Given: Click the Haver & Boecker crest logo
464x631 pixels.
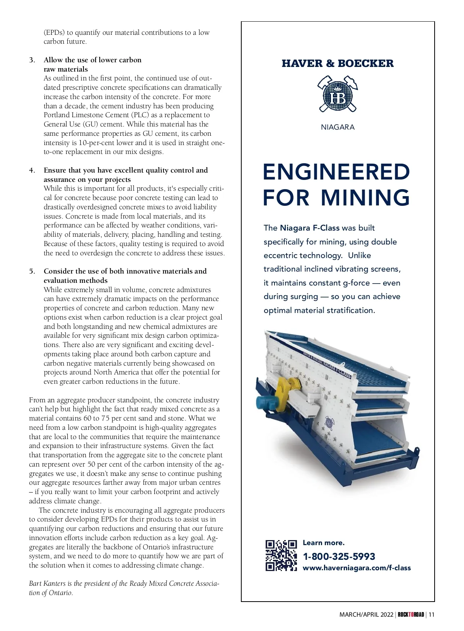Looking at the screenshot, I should [338, 94].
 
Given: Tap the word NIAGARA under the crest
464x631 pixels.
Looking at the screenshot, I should [338, 127].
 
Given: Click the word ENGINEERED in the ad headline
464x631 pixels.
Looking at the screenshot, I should [336, 172].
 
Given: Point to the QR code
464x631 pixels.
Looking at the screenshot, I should [281, 556].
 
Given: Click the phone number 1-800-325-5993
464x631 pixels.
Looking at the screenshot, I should [339, 556].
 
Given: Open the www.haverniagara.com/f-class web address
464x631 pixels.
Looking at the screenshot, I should [357, 568].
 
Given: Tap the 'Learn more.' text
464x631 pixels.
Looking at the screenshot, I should [323, 543].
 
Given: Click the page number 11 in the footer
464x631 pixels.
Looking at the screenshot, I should [432, 615].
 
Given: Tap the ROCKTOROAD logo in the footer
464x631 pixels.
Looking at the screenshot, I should [411, 615].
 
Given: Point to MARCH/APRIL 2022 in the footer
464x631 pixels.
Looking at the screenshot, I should [366, 615].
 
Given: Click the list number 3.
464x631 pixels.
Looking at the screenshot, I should [32, 60].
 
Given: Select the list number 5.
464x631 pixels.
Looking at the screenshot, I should [32, 271].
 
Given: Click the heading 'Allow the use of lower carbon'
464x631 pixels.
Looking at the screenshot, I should [92, 60].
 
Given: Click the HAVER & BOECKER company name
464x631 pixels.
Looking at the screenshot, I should [338, 63].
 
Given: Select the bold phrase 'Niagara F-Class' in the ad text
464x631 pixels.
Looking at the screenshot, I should [309, 228].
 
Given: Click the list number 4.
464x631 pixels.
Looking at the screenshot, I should [32, 170].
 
